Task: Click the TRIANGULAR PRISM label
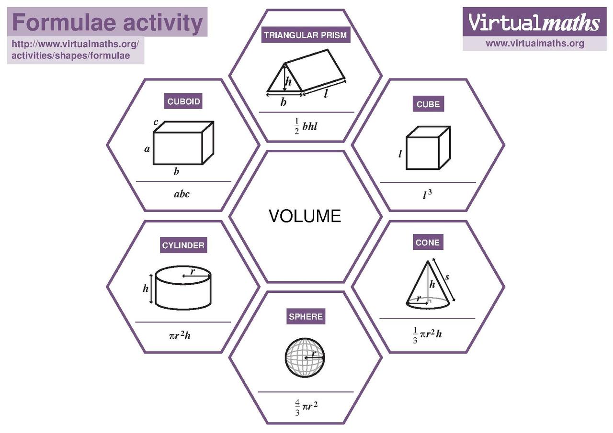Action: pyautogui.click(x=305, y=35)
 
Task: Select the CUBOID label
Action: pyautogui.click(x=183, y=101)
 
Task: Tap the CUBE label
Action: pyautogui.click(x=428, y=104)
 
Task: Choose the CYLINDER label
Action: pyautogui.click(x=183, y=246)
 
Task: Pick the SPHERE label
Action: pyautogui.click(x=306, y=316)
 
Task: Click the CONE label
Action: pyautogui.click(x=427, y=243)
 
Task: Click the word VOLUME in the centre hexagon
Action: pyautogui.click(x=305, y=216)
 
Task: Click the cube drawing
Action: pyautogui.click(x=428, y=148)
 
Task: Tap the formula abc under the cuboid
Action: pyautogui.click(x=182, y=194)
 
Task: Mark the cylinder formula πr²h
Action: pyautogui.click(x=180, y=335)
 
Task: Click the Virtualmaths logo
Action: pyautogui.click(x=534, y=22)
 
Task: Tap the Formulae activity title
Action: pyautogui.click(x=107, y=22)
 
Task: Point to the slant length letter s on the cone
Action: pyautogui.click(x=447, y=277)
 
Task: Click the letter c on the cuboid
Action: pyautogui.click(x=156, y=122)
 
